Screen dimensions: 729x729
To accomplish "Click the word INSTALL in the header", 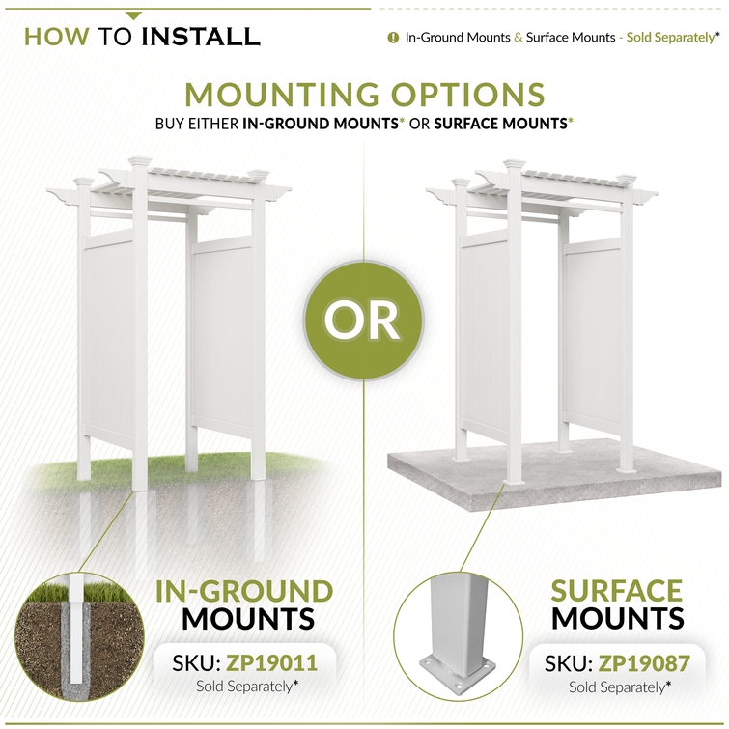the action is pos(200,37).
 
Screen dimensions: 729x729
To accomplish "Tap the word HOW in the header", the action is pos(56,37).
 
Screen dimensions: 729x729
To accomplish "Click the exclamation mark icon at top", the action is pos(393,38).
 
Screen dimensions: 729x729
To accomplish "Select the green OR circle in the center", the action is pos(364,321).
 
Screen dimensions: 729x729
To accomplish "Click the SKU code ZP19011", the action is pos(272,663).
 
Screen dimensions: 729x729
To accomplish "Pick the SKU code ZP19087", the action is pos(644,664).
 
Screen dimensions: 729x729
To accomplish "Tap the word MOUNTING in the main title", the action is pos(282,95).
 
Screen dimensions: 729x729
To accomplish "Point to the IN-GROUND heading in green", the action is pos(244,591).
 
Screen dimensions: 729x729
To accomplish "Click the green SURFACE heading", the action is pos(616,591).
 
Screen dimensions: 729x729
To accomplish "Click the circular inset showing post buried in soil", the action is pos(79,637).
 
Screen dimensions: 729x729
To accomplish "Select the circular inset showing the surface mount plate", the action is pos(459,637).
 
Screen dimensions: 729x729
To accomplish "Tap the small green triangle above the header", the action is pos(133,16).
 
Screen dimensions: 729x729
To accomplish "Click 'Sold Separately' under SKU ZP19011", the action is pos(244,687).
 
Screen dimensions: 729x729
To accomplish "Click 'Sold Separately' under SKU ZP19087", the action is pos(617,687).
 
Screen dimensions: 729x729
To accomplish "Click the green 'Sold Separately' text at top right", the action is pos(670,38).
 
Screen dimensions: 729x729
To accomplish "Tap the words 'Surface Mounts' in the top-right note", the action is pos(571,38).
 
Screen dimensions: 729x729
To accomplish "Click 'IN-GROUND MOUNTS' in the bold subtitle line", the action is pos(321,124).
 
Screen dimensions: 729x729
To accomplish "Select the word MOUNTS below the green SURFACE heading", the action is pos(617,619).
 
